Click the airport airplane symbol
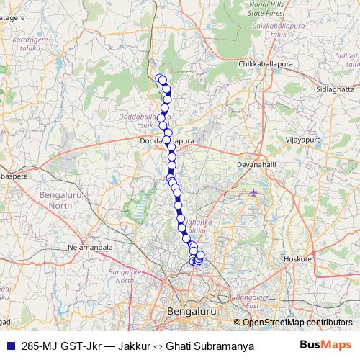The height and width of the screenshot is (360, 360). (x=253, y=192)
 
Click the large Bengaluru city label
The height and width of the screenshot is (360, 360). (x=192, y=311)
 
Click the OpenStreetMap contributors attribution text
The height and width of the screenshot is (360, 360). (x=297, y=323)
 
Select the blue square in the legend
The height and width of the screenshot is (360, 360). (x=8, y=345)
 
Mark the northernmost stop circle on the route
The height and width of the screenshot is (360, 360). (x=160, y=78)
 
